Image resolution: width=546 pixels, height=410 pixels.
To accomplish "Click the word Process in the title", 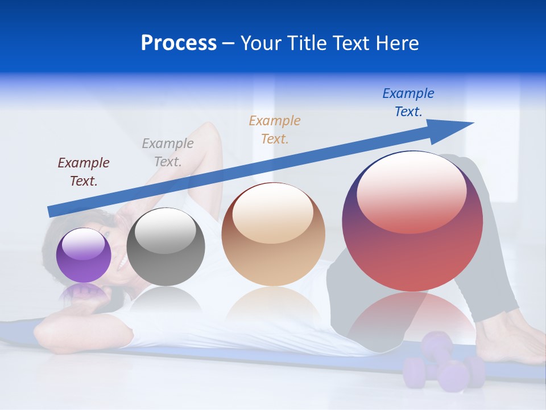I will tap(179, 43).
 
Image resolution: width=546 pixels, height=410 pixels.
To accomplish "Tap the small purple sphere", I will tap(84, 255).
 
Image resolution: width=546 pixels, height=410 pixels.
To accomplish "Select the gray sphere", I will tap(166, 247).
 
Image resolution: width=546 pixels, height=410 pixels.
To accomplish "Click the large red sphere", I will tap(412, 222).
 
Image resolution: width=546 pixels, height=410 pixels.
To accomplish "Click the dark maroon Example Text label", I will tap(84, 171).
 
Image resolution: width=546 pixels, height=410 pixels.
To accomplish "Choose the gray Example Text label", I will tap(168, 152).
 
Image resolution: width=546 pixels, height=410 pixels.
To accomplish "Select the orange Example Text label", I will tap(275, 129).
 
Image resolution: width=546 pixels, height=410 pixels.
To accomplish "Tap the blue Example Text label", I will tap(408, 102).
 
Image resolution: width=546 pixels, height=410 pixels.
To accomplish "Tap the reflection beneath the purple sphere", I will tap(84, 293).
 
